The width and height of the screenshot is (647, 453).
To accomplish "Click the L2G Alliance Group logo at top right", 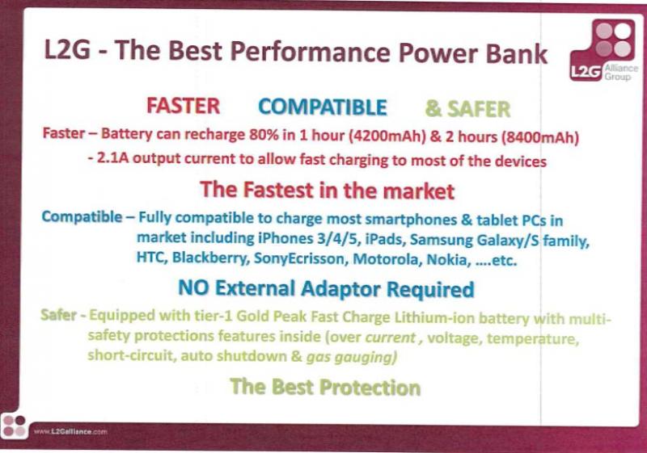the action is (x=603, y=50).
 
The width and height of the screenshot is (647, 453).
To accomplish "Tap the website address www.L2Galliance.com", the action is (x=70, y=431).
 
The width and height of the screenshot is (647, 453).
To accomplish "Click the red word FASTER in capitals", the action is (x=184, y=106).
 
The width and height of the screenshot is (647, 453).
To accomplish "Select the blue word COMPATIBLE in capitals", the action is (x=323, y=107).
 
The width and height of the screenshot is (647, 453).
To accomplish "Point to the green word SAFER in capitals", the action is (x=479, y=109).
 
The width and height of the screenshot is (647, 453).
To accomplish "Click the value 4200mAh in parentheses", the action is (x=387, y=136).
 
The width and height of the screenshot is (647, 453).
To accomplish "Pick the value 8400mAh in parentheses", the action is (x=539, y=137).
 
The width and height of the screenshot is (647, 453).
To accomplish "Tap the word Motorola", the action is (x=387, y=259).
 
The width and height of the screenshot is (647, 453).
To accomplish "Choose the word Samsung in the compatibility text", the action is (x=441, y=239).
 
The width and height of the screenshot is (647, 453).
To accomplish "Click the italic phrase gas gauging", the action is (x=352, y=357).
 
